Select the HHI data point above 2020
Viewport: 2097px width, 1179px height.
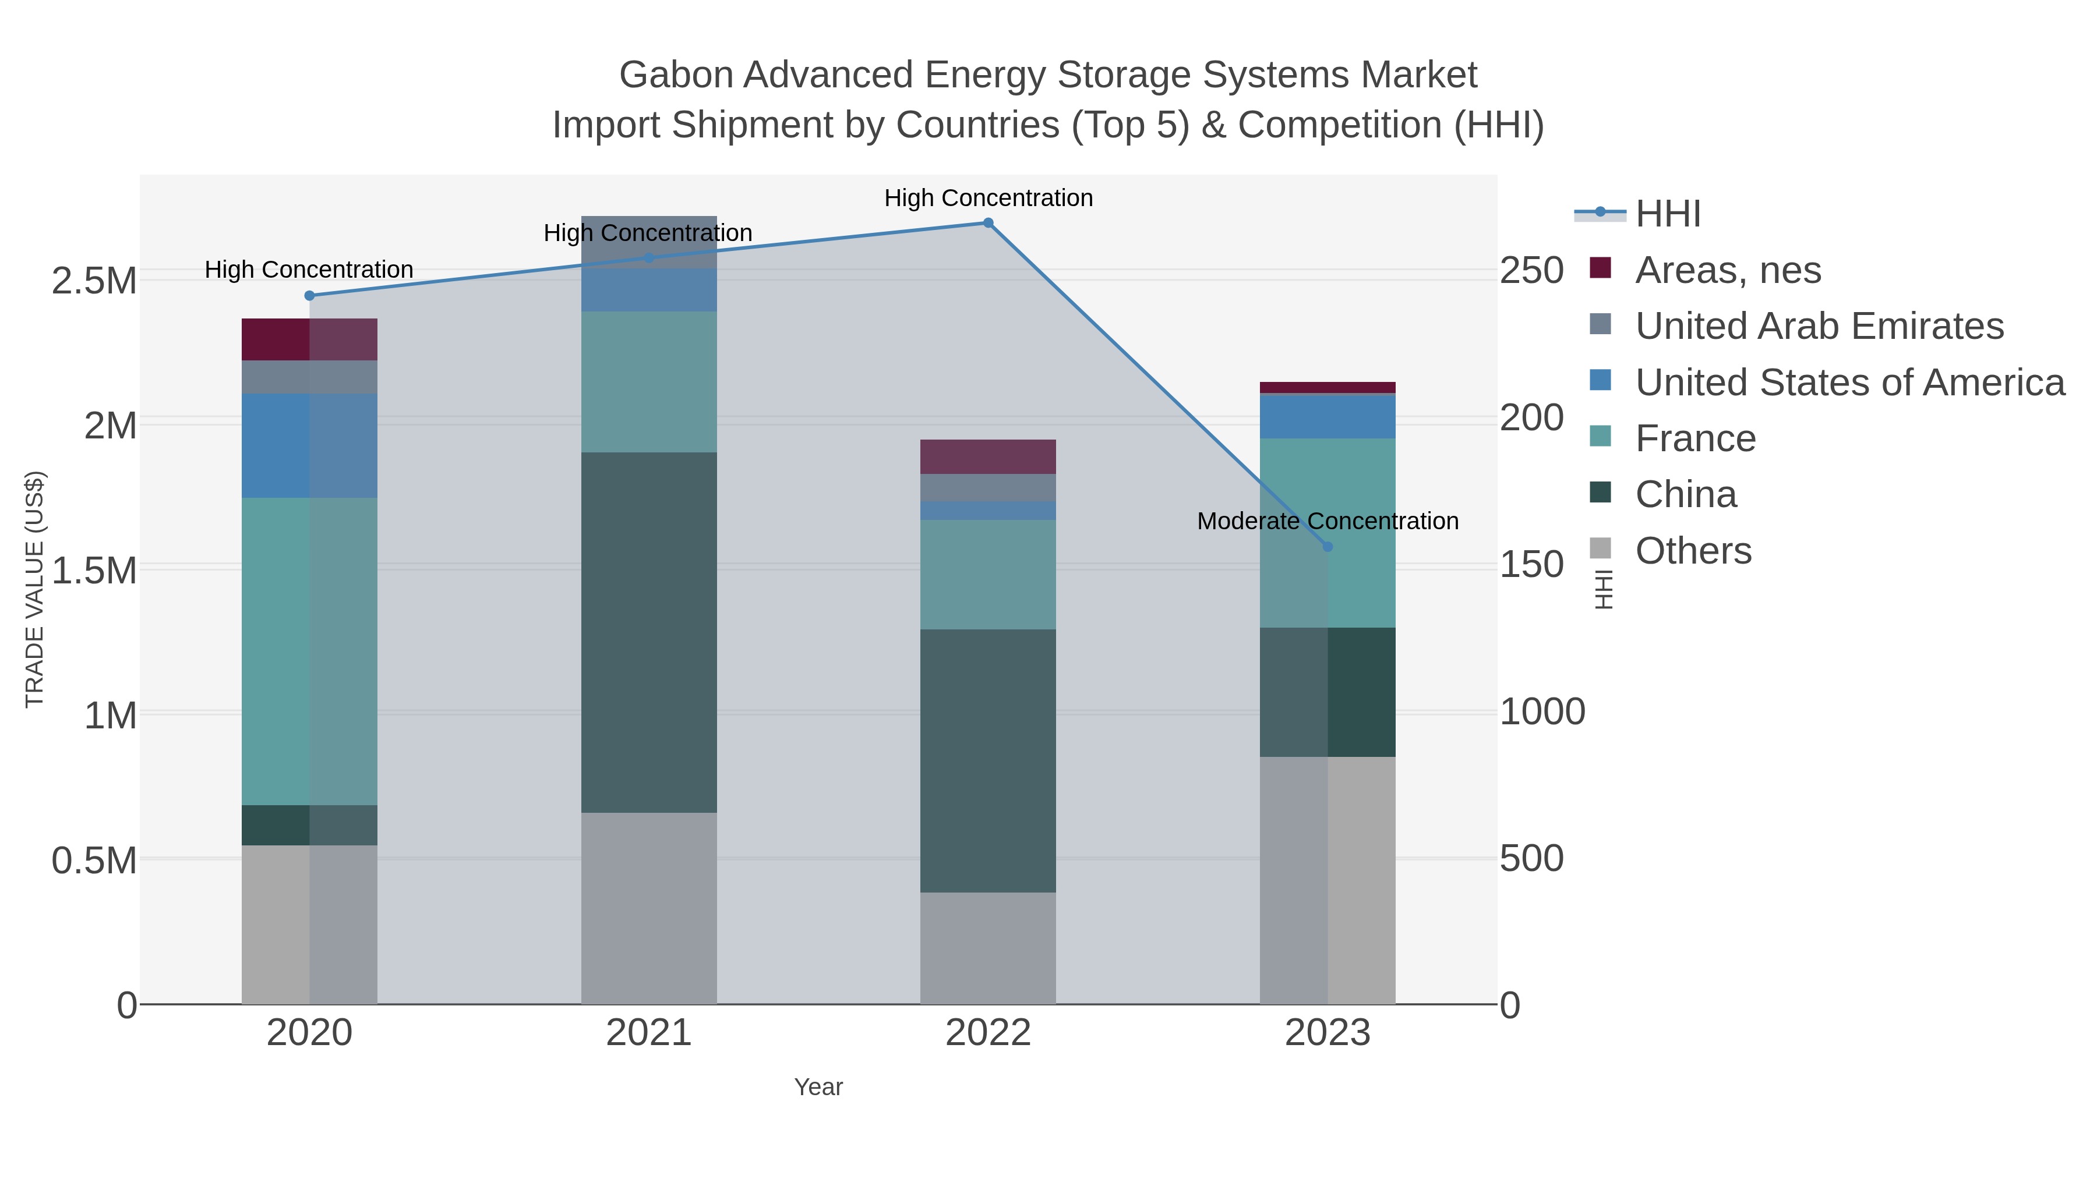[309, 295]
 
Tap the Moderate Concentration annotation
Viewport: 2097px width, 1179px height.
[1327, 521]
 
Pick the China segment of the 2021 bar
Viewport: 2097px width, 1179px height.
[649, 632]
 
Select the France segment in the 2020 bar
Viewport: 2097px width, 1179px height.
[309, 651]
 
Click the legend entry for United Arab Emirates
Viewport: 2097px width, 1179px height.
[1819, 326]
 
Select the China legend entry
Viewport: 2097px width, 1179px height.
[1685, 495]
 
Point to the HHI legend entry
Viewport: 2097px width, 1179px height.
[1667, 214]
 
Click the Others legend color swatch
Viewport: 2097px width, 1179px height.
[1600, 549]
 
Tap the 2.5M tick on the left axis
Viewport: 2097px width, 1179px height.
[94, 281]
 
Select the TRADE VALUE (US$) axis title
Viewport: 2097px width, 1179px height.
[35, 589]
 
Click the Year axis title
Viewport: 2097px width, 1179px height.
[818, 1087]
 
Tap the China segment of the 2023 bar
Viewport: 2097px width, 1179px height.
[1327, 692]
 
